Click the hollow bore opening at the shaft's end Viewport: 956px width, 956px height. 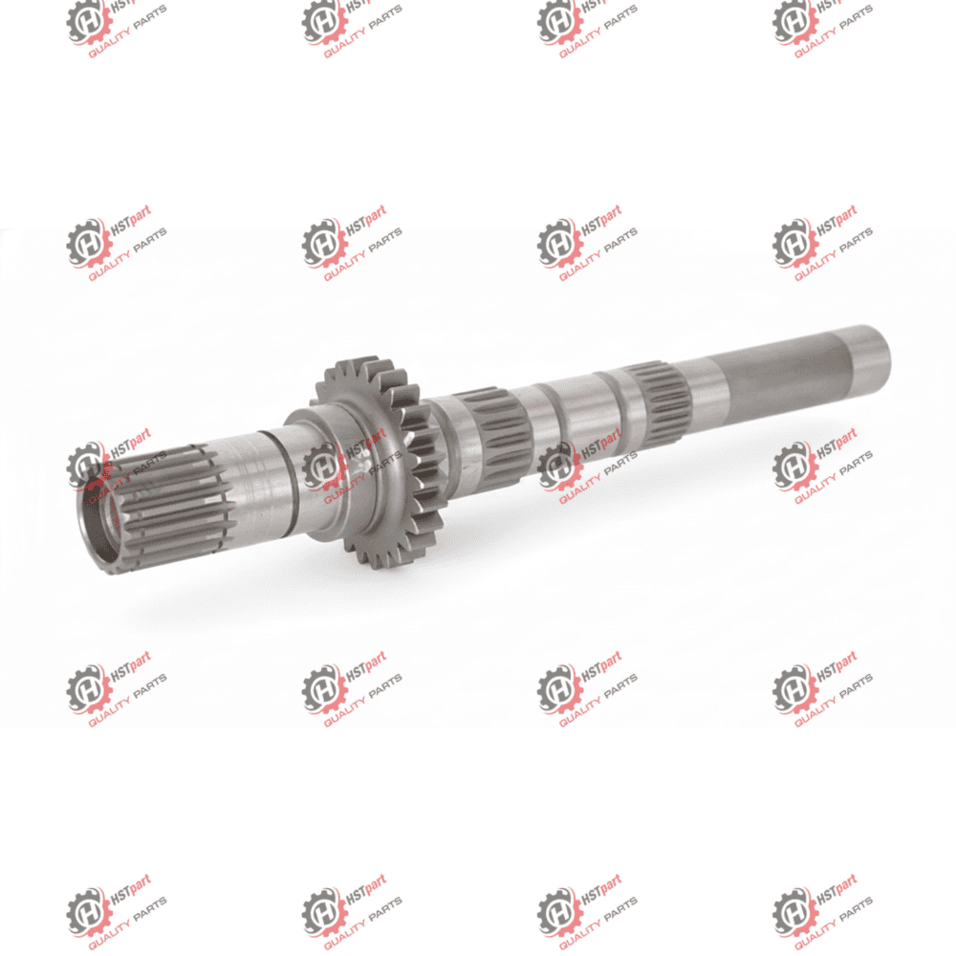[x=101, y=522]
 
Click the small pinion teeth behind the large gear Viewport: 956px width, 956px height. [x=426, y=454]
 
